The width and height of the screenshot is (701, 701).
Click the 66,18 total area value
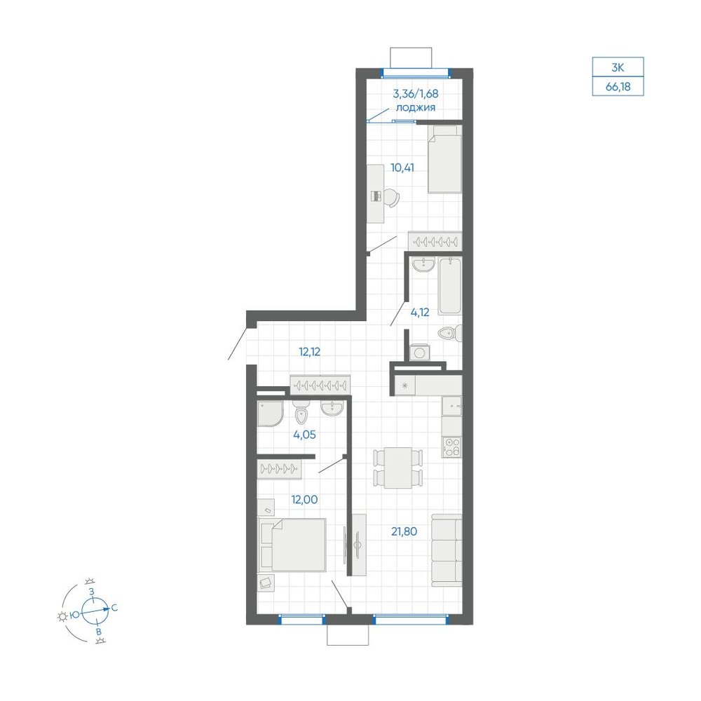tap(618, 86)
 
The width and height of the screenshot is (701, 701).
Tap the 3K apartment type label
tap(618, 68)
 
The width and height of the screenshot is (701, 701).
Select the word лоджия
tap(415, 108)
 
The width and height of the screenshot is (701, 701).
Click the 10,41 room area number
tap(402, 168)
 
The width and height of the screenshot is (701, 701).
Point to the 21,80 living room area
tap(404, 531)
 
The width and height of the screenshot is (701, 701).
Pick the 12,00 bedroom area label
tap(304, 499)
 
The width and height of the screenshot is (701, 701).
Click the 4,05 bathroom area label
tap(304, 434)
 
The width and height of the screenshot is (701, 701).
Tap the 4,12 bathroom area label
tap(420, 312)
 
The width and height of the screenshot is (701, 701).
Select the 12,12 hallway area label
tap(309, 352)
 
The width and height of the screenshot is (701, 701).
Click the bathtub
tap(449, 286)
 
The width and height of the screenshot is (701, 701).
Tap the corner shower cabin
tap(271, 414)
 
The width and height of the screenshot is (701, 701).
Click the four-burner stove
tap(451, 447)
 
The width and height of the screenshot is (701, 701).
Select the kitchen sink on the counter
tap(451, 406)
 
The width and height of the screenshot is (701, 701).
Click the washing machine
tap(419, 353)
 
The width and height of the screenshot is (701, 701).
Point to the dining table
tap(398, 468)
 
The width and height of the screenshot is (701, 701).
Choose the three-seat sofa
tap(446, 550)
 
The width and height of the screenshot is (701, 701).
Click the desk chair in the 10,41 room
tap(390, 197)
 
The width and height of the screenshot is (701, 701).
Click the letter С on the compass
tap(114, 608)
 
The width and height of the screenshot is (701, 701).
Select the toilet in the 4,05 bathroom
tap(301, 414)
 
